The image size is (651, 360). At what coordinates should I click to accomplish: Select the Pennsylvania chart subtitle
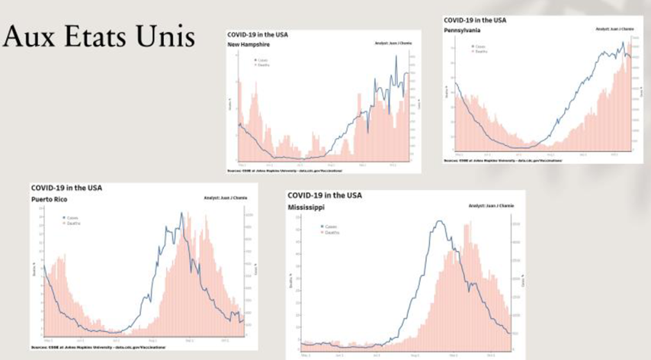point(463,30)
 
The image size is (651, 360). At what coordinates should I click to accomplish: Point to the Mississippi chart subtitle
point(305,207)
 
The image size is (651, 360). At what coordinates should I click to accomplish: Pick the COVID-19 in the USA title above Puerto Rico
point(66,188)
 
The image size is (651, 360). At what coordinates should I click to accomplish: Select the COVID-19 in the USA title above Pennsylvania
point(475,21)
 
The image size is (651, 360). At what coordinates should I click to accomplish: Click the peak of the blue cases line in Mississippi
point(439,221)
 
